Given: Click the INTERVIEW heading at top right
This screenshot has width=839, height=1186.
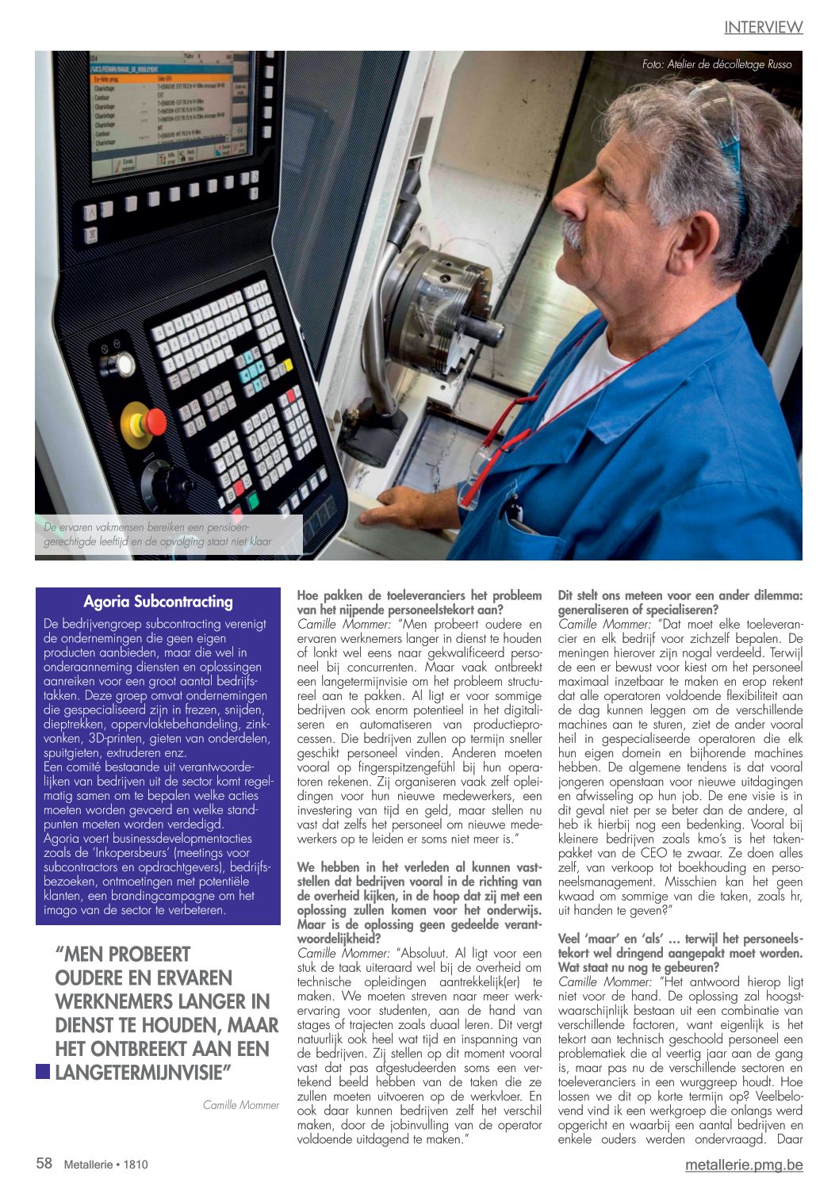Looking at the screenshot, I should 763,28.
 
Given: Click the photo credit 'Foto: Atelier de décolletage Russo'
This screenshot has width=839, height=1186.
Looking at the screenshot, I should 716,65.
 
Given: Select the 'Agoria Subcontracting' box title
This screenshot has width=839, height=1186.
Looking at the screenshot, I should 158,602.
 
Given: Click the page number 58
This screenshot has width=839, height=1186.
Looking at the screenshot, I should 44,1163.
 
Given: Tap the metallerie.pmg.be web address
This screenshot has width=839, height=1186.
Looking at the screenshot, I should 743,1165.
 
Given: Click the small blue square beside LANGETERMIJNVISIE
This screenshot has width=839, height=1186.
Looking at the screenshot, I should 43,1073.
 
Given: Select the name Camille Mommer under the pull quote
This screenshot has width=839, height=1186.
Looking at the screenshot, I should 241,1105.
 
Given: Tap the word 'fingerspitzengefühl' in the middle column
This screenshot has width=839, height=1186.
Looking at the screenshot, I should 374,767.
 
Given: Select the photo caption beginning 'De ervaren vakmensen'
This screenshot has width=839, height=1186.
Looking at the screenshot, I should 158,535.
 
